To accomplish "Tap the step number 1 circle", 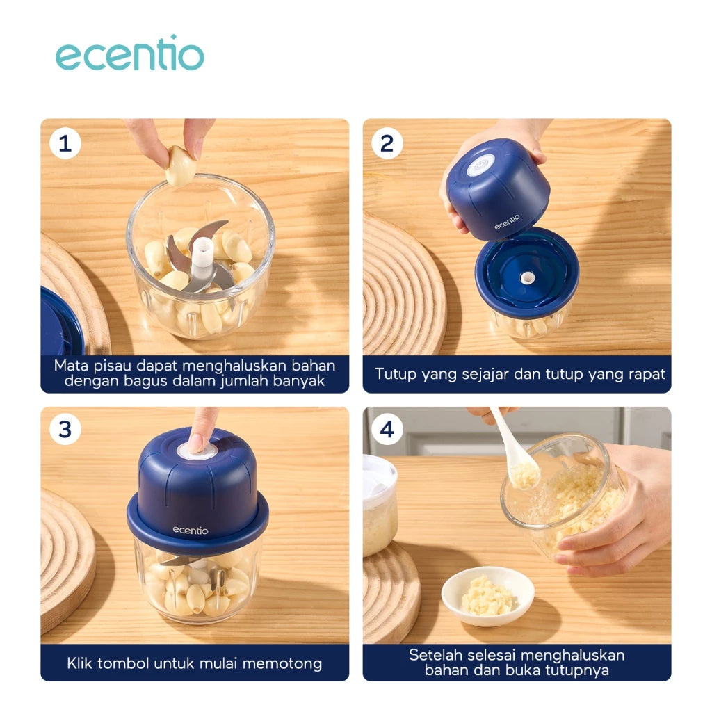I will (x=65, y=144).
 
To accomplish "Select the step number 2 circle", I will (x=387, y=144).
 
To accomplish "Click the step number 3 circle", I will (x=65, y=430).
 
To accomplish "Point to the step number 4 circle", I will (x=387, y=430).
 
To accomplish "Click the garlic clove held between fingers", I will (x=180, y=165).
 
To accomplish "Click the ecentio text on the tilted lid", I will (x=507, y=222).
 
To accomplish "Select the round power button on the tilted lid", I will (x=480, y=165).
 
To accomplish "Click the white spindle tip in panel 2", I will (x=527, y=278).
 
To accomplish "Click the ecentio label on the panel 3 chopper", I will (x=190, y=531).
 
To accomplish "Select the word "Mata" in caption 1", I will (x=72, y=366).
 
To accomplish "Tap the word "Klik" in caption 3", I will (x=81, y=663).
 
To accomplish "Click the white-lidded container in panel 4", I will (x=379, y=504).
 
